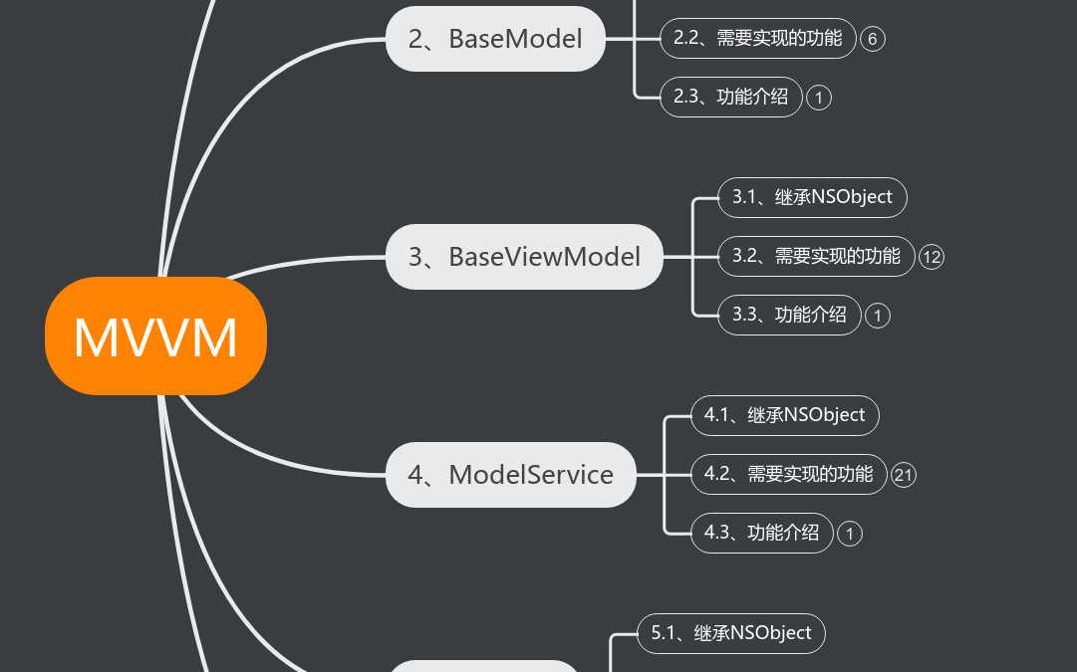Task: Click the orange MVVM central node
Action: pyautogui.click(x=155, y=336)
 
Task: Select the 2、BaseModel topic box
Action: pyautogui.click(x=495, y=39)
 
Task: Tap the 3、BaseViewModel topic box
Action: pyautogui.click(x=524, y=257)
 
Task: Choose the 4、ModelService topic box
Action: pyautogui.click(x=510, y=475)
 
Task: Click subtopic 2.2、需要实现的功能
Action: pyautogui.click(x=757, y=39)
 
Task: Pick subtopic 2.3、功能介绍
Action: pyautogui.click(x=730, y=97)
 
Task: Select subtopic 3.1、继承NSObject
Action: pyautogui.click(x=812, y=197)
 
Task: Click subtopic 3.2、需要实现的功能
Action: pyautogui.click(x=815, y=256)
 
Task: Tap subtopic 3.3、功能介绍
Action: pyautogui.click(x=789, y=315)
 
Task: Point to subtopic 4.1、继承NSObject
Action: pyautogui.click(x=784, y=415)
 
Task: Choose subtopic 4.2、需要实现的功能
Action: pyautogui.click(x=787, y=474)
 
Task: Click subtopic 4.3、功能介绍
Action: pyautogui.click(x=761, y=533)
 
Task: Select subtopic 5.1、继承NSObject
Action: pyautogui.click(x=730, y=633)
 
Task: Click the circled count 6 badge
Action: pyautogui.click(x=872, y=39)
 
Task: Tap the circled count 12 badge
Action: pyautogui.click(x=931, y=257)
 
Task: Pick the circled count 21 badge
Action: pyautogui.click(x=903, y=475)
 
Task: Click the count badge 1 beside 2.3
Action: pyautogui.click(x=818, y=98)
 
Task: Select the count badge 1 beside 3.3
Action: pyautogui.click(x=877, y=316)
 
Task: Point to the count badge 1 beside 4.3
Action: pyautogui.click(x=849, y=534)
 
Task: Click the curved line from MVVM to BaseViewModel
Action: pyautogui.click(x=299, y=261)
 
